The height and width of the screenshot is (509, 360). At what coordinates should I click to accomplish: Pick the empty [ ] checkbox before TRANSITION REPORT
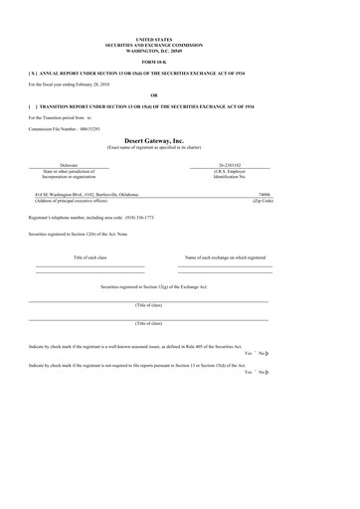(35, 105)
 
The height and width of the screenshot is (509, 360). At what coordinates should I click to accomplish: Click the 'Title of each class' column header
(90, 256)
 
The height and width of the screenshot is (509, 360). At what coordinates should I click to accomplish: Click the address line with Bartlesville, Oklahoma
(99, 195)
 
